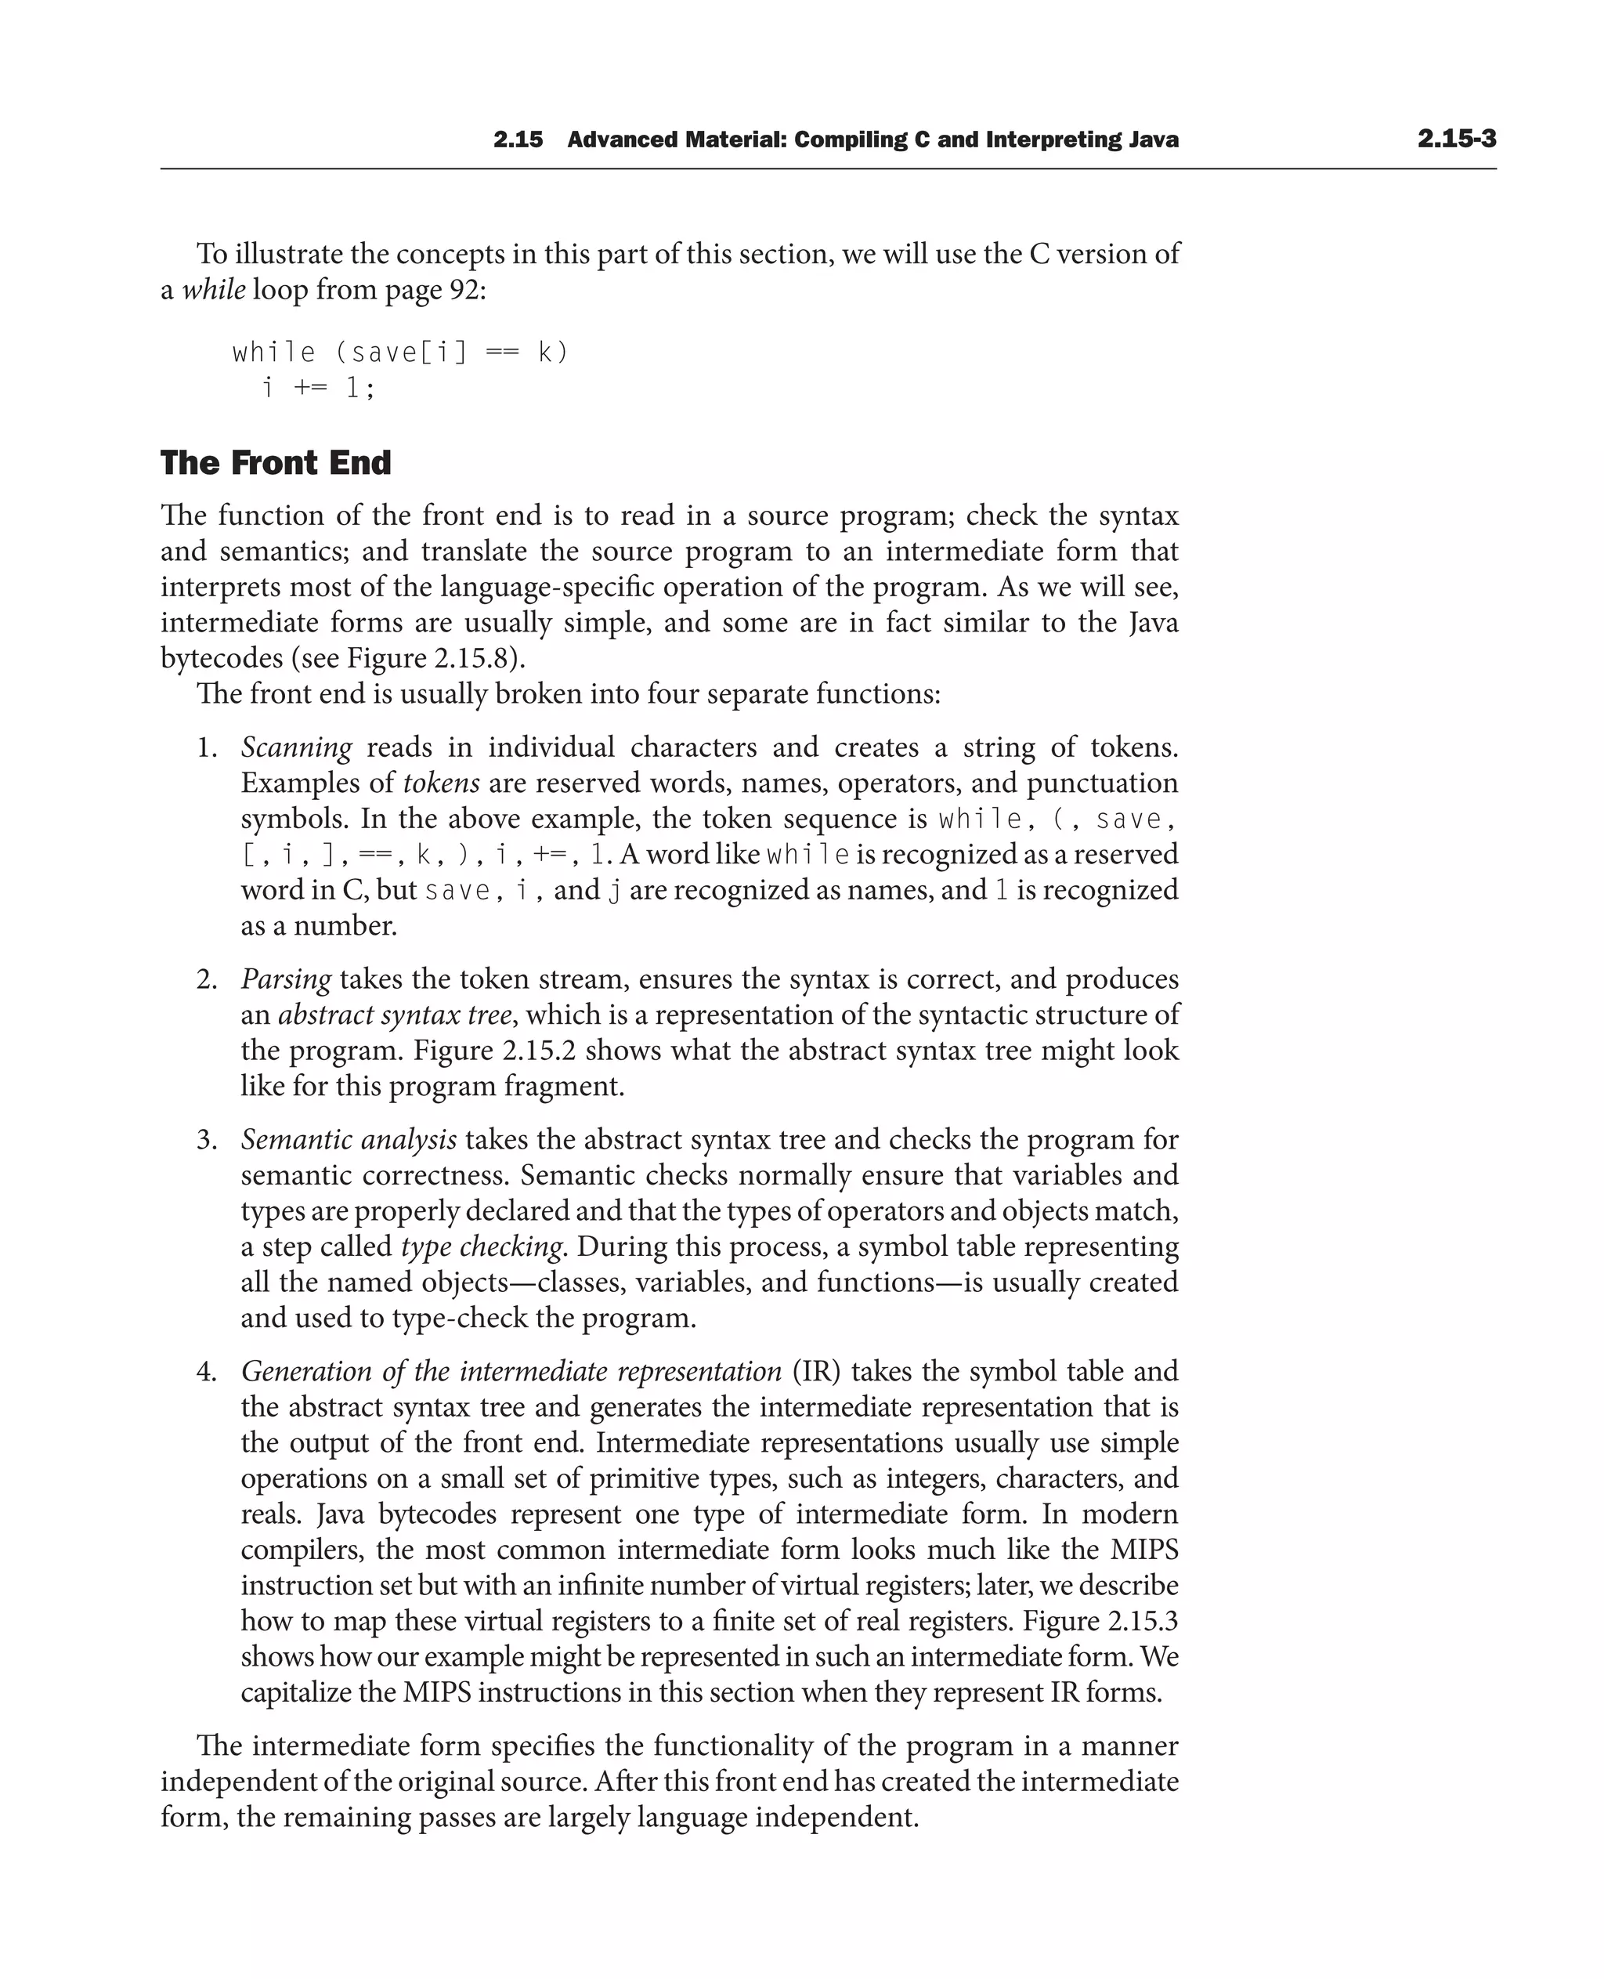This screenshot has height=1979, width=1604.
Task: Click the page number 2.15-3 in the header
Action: click(x=1456, y=139)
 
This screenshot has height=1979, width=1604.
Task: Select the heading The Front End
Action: click(x=276, y=462)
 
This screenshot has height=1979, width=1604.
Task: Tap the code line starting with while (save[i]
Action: click(x=400, y=353)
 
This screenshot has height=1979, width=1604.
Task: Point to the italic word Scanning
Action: click(x=296, y=747)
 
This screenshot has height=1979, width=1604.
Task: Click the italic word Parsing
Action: click(x=286, y=979)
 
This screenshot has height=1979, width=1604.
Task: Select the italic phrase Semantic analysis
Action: click(x=349, y=1140)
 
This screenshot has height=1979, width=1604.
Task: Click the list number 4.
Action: click(x=206, y=1372)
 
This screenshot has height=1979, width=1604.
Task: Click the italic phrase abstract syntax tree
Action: click(x=395, y=1015)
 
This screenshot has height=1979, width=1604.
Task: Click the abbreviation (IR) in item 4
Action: click(x=816, y=1372)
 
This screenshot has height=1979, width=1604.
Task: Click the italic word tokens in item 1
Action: click(x=441, y=783)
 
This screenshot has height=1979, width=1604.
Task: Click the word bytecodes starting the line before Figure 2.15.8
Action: click(x=222, y=658)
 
